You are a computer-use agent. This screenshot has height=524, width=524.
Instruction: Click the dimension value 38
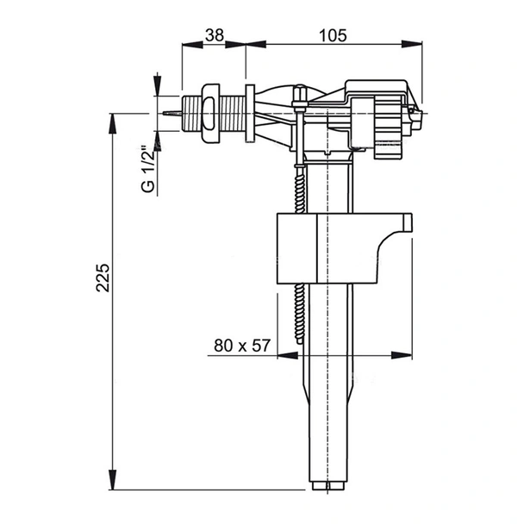pos(215,36)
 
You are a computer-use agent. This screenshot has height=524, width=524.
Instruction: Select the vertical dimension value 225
pos(103,278)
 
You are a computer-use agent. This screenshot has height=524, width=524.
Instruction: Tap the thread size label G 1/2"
pos(148,171)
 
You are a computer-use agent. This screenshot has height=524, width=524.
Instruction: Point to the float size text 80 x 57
pos(243,346)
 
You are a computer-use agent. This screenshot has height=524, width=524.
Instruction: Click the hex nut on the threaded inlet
pos(209,113)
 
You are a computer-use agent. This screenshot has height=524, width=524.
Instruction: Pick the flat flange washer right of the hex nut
pos(250,113)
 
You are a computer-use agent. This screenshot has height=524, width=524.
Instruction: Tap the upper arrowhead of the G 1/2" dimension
pos(158,87)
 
